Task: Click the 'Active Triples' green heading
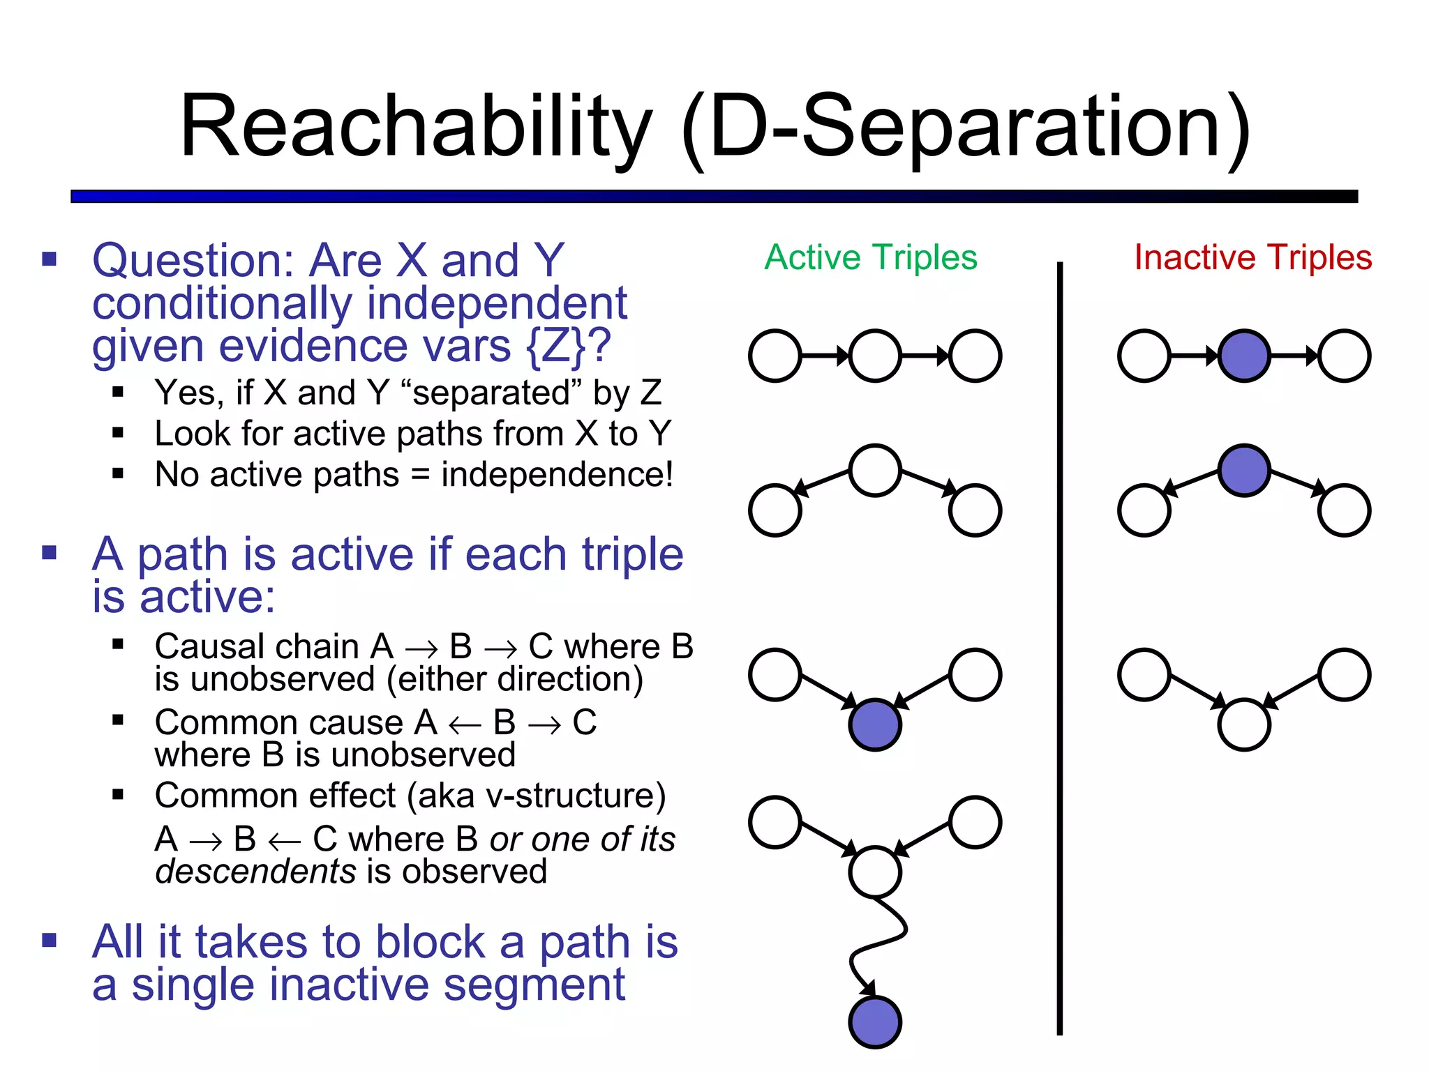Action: click(x=870, y=257)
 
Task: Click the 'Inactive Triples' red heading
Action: click(x=1252, y=257)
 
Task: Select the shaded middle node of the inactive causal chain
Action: click(x=1243, y=356)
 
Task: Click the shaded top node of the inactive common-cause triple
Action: click(x=1243, y=471)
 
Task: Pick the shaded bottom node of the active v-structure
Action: click(x=875, y=724)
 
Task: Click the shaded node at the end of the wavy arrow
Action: click(x=875, y=1021)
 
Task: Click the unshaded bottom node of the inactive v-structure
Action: click(x=1243, y=724)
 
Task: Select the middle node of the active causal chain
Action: click(x=875, y=356)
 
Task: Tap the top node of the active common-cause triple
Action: click(x=875, y=471)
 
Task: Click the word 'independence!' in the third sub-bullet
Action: click(x=557, y=475)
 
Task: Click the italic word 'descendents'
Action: click(x=255, y=872)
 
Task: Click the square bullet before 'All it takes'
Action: click(x=50, y=940)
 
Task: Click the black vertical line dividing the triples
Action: click(x=1059, y=648)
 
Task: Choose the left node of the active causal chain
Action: click(x=775, y=356)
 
